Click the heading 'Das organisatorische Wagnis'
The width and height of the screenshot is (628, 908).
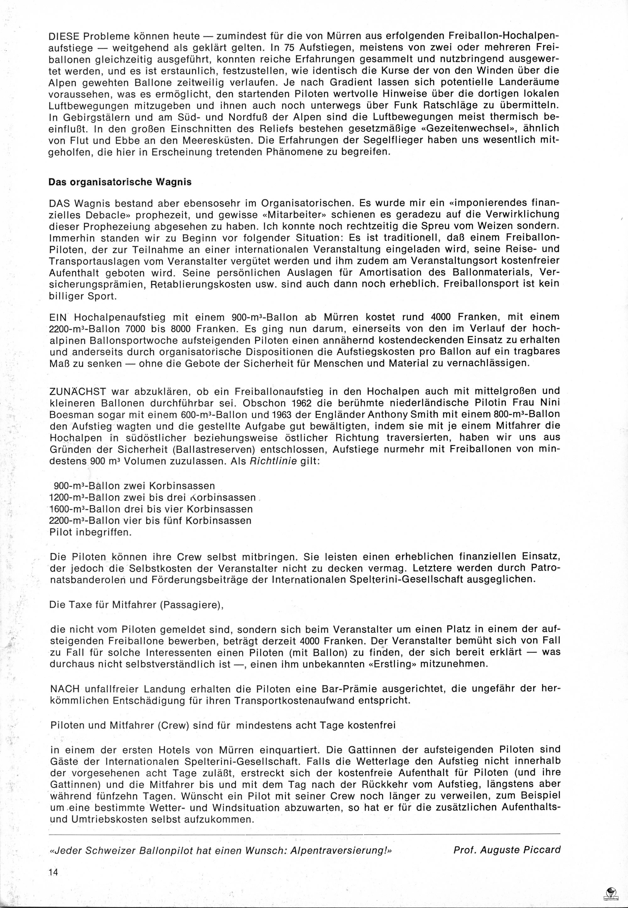tap(120, 182)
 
